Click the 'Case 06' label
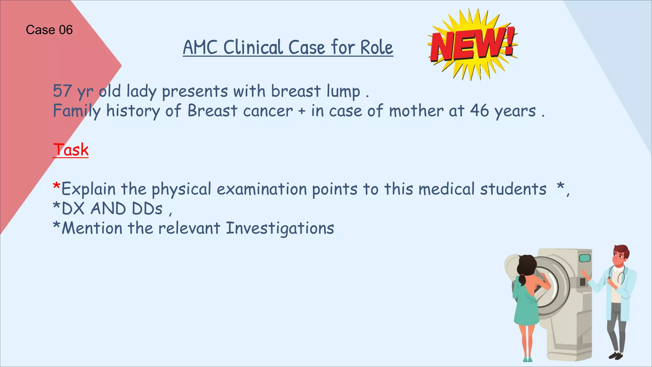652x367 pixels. pyautogui.click(x=49, y=30)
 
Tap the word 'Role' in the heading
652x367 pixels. pyautogui.click(x=377, y=48)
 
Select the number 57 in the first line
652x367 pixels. pyautogui.click(x=62, y=91)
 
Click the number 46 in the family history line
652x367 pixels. pyautogui.click(x=479, y=111)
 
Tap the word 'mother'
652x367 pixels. pyautogui.click(x=416, y=111)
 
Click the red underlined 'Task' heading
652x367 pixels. pyautogui.click(x=71, y=150)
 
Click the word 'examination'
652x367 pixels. pyautogui.click(x=262, y=189)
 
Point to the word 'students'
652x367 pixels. pyautogui.click(x=513, y=189)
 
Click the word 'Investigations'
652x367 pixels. pyautogui.click(x=280, y=228)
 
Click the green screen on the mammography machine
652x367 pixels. pyautogui.click(x=585, y=258)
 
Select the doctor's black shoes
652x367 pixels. pyautogui.click(x=616, y=355)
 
